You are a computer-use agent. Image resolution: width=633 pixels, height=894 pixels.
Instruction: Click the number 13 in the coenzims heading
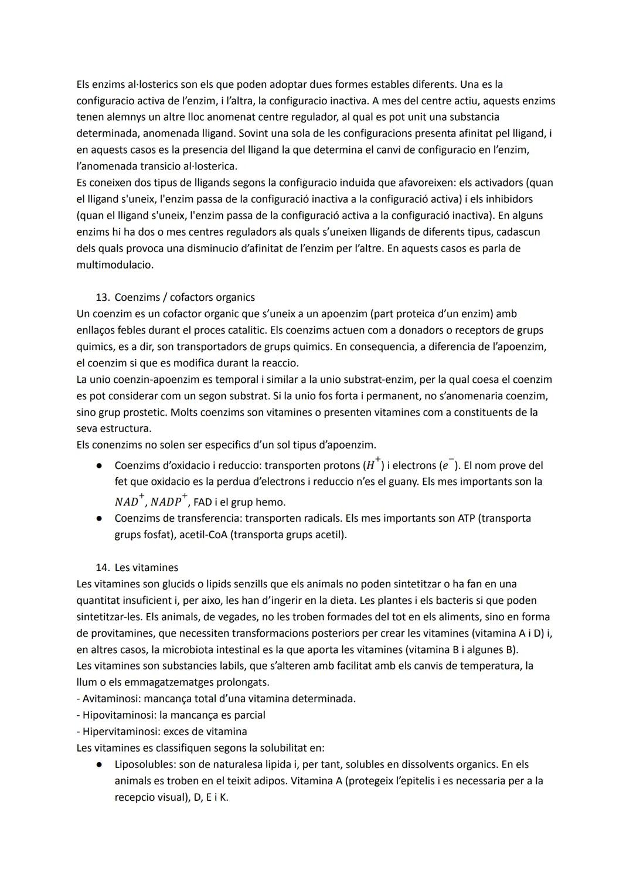click(x=102, y=297)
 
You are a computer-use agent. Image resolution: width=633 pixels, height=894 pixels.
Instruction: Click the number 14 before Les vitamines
click(x=102, y=567)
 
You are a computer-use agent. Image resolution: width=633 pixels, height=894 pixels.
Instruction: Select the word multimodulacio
click(x=115, y=264)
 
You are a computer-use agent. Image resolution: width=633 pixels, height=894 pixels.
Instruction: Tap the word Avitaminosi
click(x=110, y=699)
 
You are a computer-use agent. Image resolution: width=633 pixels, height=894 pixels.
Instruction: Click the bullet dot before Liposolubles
click(x=100, y=765)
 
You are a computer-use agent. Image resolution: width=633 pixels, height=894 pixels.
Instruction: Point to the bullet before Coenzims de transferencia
click(x=100, y=519)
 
